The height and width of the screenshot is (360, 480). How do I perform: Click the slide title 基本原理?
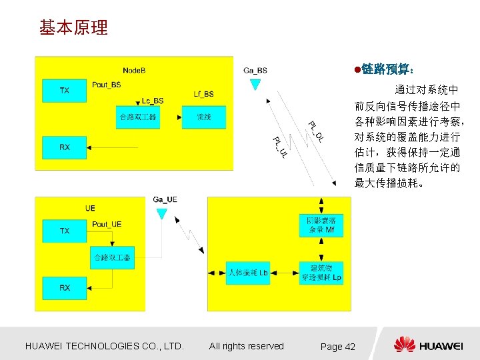(x=73, y=28)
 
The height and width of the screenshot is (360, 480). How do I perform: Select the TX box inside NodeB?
(x=65, y=91)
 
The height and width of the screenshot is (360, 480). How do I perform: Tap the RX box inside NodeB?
(x=65, y=147)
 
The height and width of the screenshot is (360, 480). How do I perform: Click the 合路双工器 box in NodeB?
(x=138, y=117)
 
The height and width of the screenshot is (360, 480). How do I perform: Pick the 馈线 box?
(x=204, y=117)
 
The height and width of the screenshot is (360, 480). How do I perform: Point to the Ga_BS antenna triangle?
(x=255, y=84)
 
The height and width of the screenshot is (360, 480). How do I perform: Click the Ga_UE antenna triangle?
(x=161, y=213)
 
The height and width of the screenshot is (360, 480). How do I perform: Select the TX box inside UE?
(x=65, y=231)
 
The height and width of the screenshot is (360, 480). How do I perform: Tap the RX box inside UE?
(x=65, y=288)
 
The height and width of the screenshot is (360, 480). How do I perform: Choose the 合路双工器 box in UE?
(x=111, y=257)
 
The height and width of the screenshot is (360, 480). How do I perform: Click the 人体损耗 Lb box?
(x=248, y=273)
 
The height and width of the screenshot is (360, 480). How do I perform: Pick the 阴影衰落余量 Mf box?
(x=321, y=225)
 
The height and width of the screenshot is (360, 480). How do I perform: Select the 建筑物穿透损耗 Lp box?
(x=321, y=273)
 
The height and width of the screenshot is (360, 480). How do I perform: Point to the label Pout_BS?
(x=107, y=85)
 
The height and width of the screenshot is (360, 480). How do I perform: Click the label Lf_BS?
(x=204, y=94)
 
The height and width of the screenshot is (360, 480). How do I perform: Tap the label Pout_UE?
(x=107, y=225)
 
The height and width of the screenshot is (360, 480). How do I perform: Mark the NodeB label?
(x=135, y=70)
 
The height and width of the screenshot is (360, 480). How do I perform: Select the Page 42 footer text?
(x=338, y=347)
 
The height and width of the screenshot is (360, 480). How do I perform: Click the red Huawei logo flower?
(x=405, y=345)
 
